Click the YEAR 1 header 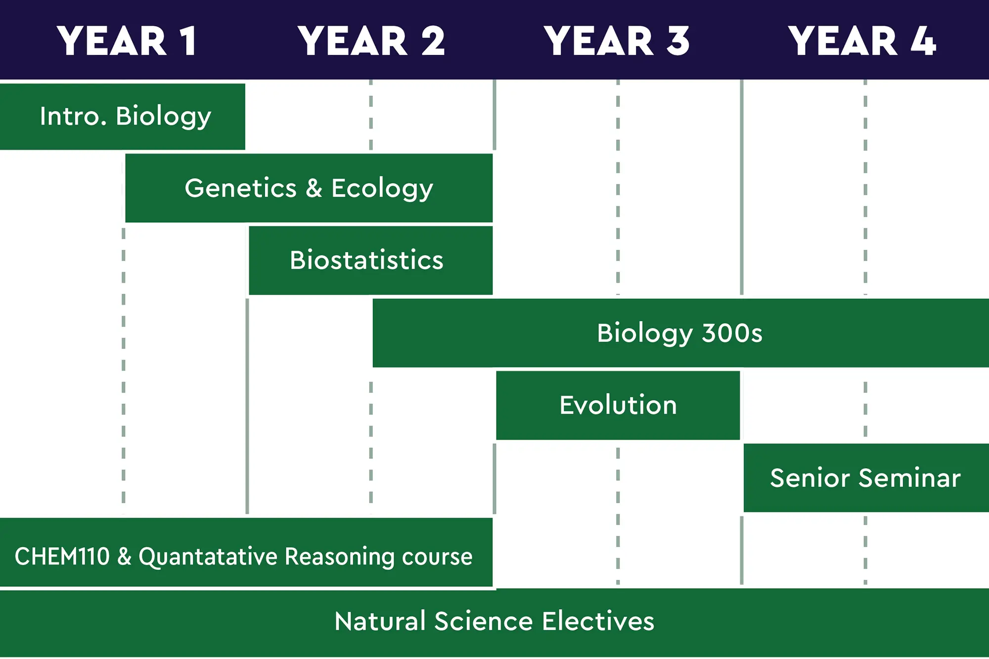[127, 41]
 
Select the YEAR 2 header [371, 41]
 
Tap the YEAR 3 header [616, 41]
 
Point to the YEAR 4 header [861, 41]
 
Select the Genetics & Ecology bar [309, 188]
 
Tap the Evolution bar [618, 405]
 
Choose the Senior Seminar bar [865, 478]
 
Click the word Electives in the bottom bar [598, 621]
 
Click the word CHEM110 [62, 557]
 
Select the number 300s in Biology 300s [732, 333]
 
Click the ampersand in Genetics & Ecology [314, 188]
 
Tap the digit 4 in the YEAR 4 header [923, 41]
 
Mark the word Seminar [910, 478]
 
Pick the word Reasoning [340, 557]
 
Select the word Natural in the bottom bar [380, 621]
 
